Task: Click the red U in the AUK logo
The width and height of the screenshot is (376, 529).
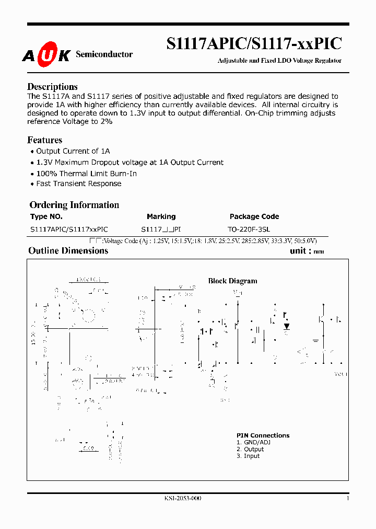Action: [46, 55]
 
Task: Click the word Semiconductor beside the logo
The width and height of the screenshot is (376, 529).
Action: [104, 54]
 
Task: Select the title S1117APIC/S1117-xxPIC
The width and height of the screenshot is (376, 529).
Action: [254, 43]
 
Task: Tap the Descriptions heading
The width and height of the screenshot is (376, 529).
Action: [52, 87]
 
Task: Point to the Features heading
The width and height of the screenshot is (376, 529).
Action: [44, 140]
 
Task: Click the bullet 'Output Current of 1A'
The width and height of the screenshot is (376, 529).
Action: [73, 151]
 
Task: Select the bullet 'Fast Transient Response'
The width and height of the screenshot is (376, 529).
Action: [78, 184]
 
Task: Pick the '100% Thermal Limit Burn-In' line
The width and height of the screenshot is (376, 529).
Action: [86, 174]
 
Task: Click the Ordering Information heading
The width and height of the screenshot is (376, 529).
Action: [74, 205]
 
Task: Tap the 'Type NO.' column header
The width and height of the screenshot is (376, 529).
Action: [46, 216]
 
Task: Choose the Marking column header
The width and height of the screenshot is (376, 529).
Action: [161, 216]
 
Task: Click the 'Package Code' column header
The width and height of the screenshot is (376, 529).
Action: [254, 216]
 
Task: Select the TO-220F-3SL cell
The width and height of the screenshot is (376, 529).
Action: [249, 229]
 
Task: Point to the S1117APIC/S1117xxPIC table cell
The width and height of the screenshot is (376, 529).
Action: [69, 229]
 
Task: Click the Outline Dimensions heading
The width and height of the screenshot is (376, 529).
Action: [68, 251]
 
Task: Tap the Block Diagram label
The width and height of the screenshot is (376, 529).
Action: [233, 281]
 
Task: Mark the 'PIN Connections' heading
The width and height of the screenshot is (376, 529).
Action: [263, 435]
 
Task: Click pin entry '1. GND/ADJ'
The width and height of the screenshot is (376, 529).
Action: [253, 442]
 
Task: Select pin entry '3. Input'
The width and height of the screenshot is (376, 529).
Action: [248, 456]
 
